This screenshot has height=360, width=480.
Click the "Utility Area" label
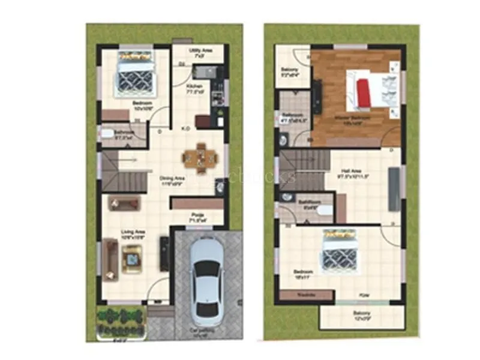[x=199, y=52]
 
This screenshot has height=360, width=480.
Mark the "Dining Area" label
[x=171, y=178]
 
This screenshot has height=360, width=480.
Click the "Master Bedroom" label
[x=352, y=118]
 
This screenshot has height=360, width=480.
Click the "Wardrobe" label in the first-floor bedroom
[x=306, y=295]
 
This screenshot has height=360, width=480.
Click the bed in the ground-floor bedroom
[x=136, y=73]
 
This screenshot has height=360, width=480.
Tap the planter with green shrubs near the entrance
[x=122, y=322]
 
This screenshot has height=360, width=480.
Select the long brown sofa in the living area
[x=110, y=259]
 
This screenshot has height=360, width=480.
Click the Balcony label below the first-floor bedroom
[x=362, y=315]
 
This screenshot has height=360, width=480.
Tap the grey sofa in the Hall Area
[x=394, y=189]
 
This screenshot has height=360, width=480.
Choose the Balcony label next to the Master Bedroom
[x=290, y=71]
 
